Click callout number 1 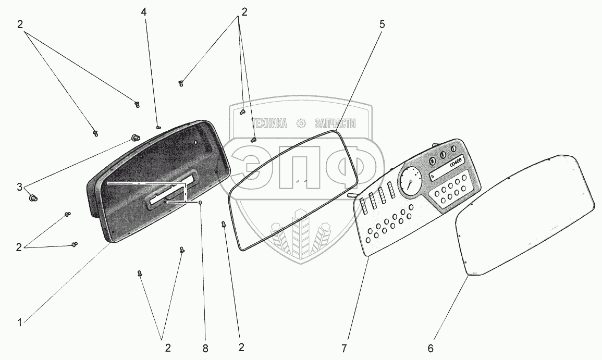pyautogui.click(x=19, y=323)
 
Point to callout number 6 pyautogui.click(x=430, y=347)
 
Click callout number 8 pyautogui.click(x=205, y=347)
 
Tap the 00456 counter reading pyautogui.click(x=456, y=162)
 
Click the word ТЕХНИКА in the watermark pyautogui.click(x=269, y=123)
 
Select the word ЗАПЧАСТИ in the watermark pyautogui.click(x=335, y=123)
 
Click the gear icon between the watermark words pyautogui.click(x=301, y=123)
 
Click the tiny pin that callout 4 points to pyautogui.click(x=158, y=126)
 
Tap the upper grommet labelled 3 pyautogui.click(x=135, y=138)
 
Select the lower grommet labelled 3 pyautogui.click(x=32, y=197)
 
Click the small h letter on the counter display pyautogui.click(x=433, y=176)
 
